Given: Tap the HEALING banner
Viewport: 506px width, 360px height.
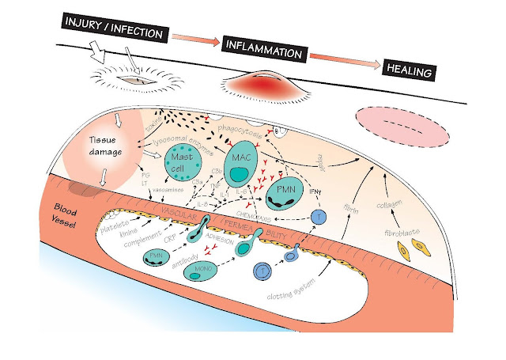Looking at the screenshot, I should click(x=409, y=70).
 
